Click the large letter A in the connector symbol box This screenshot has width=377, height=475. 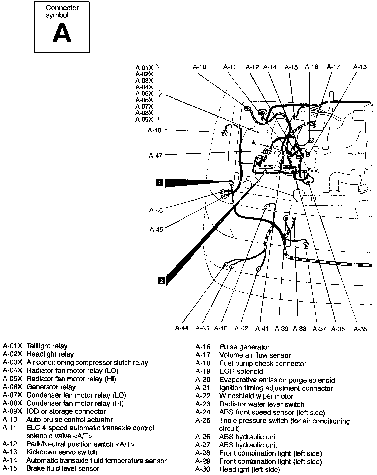tap(62, 33)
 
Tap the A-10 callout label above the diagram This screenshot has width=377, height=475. tap(199, 67)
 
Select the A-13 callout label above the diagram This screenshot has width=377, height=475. tap(360, 67)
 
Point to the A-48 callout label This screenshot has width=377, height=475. tap(154, 130)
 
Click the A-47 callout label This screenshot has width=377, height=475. tap(155, 156)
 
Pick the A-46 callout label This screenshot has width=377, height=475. tap(156, 210)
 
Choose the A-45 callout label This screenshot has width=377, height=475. tap(156, 230)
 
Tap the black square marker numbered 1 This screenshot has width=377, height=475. tap(160, 182)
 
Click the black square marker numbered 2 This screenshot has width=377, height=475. tap(161, 281)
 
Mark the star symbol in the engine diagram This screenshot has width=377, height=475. tap(253, 143)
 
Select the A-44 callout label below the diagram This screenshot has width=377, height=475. tap(182, 328)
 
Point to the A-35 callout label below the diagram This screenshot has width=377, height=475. tap(360, 329)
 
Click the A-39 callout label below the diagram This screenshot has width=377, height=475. tap(281, 329)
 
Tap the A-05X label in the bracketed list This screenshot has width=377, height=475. tap(144, 93)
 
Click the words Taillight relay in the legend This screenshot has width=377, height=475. tap(47, 346)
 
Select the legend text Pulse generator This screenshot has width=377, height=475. tap(244, 347)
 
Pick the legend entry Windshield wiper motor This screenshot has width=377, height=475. tap(256, 396)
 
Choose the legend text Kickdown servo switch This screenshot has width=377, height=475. tap(62, 452)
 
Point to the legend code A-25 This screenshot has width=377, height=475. tap(203, 421)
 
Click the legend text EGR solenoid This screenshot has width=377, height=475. tap(241, 372)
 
